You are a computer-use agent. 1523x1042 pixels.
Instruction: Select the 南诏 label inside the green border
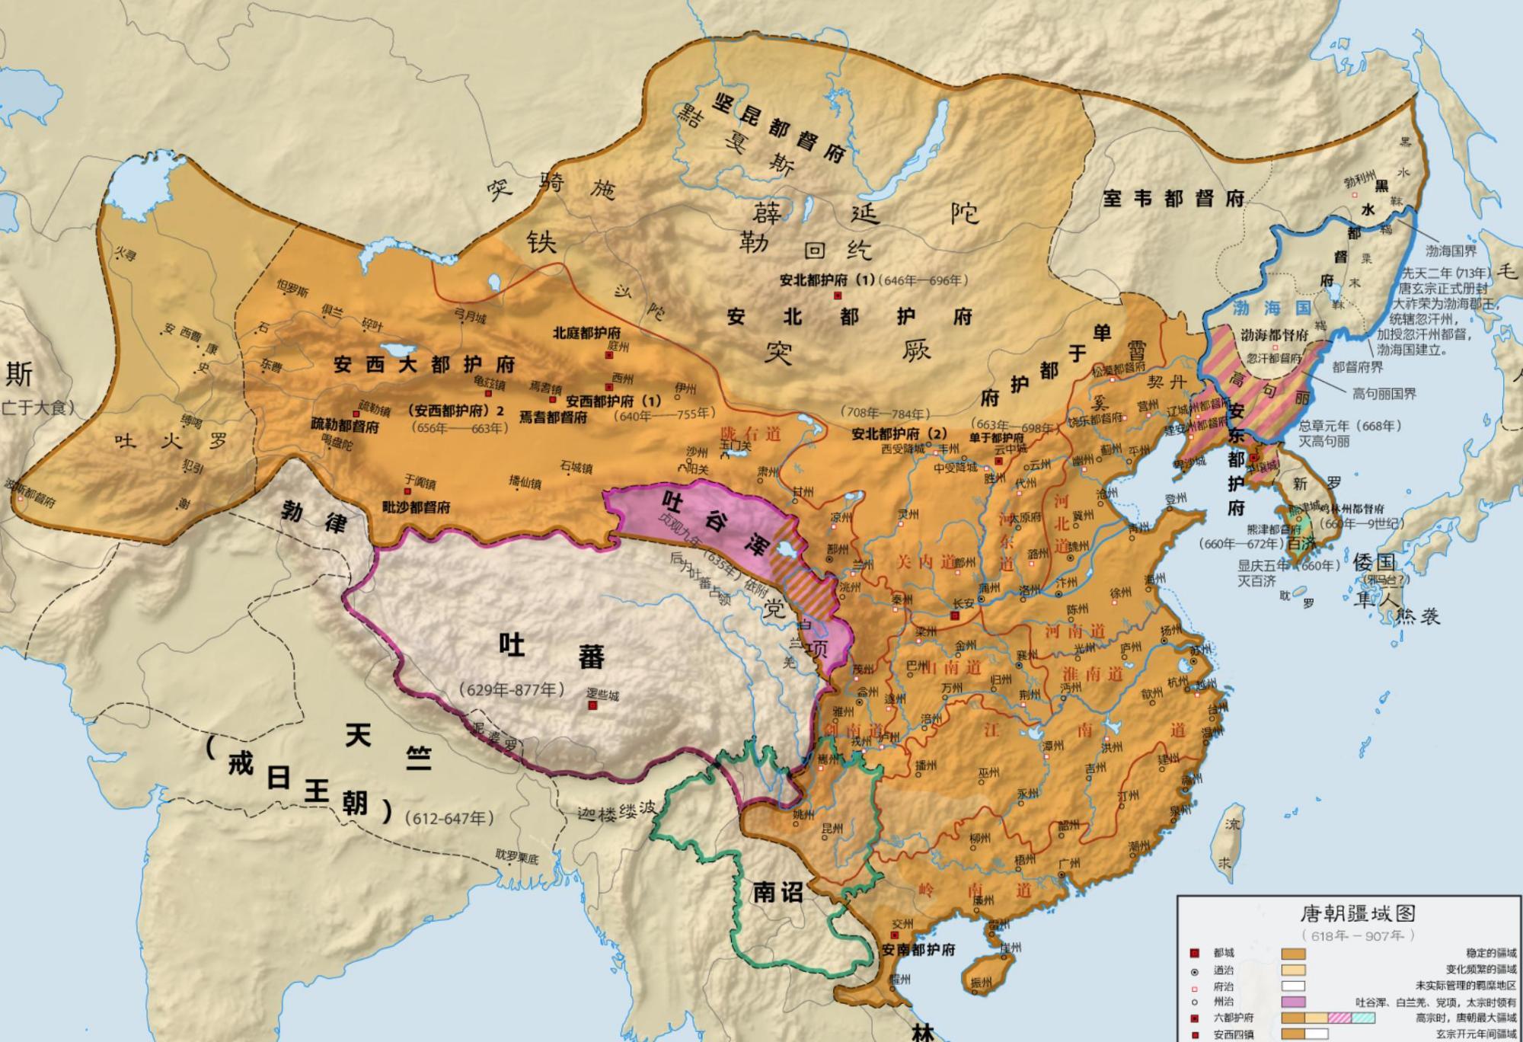[x=777, y=892]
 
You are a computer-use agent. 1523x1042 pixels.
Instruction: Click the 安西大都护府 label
[x=424, y=364]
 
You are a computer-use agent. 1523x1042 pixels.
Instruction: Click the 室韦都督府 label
[x=1173, y=199]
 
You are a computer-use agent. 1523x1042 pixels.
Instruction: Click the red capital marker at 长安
[x=955, y=615]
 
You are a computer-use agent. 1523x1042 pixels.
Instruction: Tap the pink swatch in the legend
[x=1293, y=1002]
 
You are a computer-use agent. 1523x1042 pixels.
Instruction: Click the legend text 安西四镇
[x=1234, y=1034]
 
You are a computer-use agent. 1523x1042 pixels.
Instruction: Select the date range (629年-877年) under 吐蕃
[x=511, y=689]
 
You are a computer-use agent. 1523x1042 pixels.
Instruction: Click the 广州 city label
[x=1069, y=864]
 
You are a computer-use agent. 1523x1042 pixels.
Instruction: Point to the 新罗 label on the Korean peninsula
[x=1317, y=483]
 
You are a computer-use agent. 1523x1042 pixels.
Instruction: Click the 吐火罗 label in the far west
[x=171, y=440]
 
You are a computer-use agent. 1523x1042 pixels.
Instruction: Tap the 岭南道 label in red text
[x=975, y=890]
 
